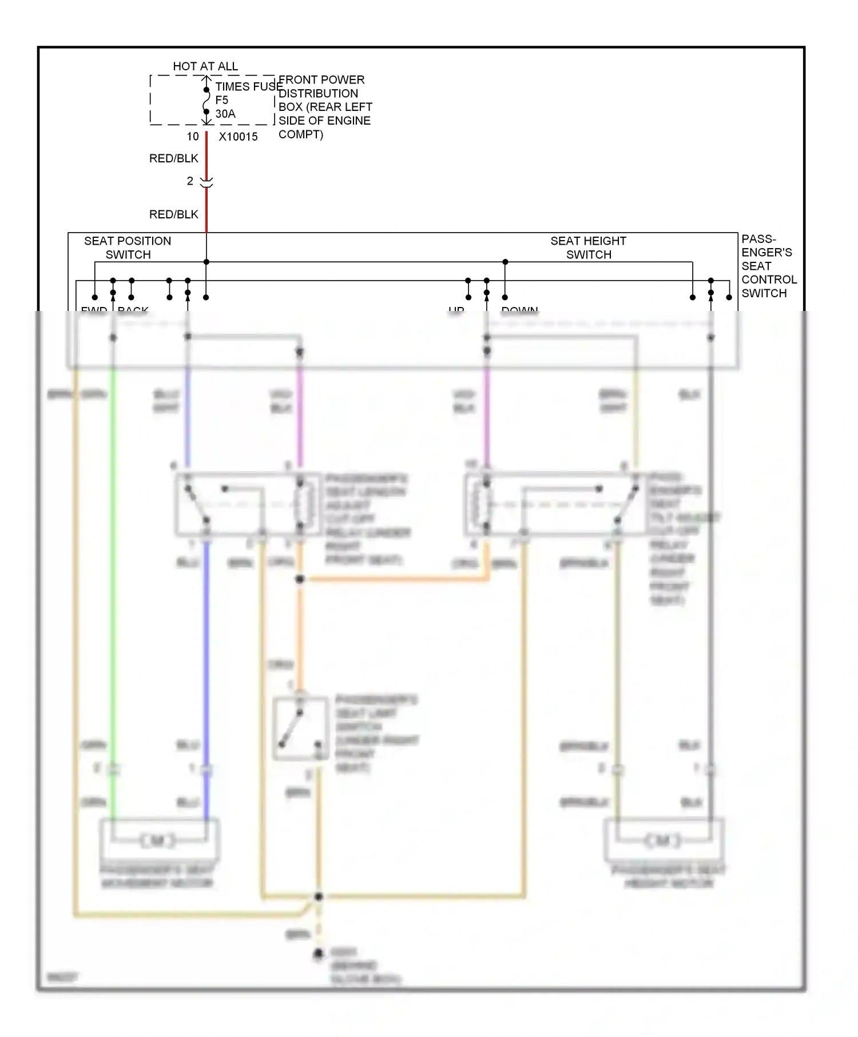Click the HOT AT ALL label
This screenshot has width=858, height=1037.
(205, 66)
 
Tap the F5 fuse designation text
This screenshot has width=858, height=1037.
(221, 100)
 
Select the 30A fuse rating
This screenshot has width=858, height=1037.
(225, 114)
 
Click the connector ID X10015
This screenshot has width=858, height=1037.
(238, 137)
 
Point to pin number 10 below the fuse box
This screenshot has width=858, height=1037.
(193, 137)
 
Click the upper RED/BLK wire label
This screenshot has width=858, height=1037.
(173, 158)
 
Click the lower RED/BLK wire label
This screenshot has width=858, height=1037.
(173, 214)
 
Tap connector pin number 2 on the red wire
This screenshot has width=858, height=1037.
(190, 181)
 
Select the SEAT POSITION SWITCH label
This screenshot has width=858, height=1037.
(128, 248)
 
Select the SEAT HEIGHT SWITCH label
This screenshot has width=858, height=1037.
(588, 248)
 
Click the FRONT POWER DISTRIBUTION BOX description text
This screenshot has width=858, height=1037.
(324, 107)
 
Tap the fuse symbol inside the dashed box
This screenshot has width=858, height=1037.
(206, 104)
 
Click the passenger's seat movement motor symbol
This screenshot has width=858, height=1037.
(158, 840)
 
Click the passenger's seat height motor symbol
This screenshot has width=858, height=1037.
(663, 840)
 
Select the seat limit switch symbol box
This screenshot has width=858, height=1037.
(300, 728)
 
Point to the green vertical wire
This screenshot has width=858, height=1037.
(113, 572)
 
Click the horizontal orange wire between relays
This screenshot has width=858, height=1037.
(395, 580)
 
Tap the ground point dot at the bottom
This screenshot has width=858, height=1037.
(318, 954)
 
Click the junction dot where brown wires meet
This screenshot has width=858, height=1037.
(319, 896)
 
